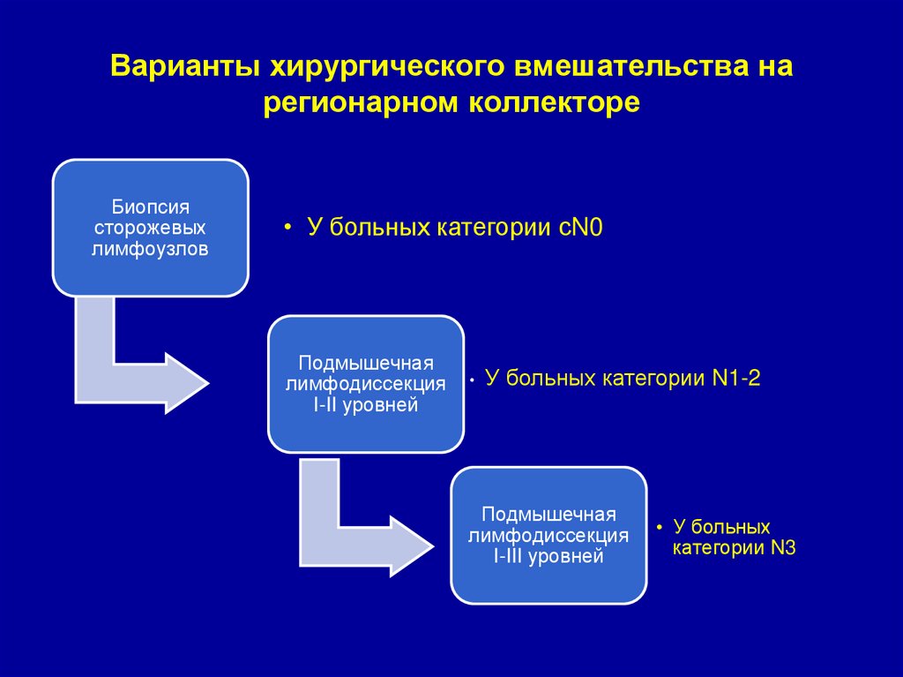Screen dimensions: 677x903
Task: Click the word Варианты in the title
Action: point(185,67)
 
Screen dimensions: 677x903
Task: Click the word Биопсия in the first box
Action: point(151,207)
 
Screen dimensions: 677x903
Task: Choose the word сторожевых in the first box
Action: point(151,228)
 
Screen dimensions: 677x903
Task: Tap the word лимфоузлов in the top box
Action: point(151,249)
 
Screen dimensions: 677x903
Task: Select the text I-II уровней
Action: point(365,406)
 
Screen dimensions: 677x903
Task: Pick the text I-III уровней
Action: point(549,556)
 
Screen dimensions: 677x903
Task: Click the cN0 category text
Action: point(579,228)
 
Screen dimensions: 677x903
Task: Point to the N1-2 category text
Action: point(735,380)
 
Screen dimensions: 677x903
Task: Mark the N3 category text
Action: point(784,548)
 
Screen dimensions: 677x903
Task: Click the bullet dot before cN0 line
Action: point(287,228)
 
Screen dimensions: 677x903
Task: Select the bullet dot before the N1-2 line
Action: point(473,380)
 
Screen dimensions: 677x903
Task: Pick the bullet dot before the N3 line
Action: point(659,527)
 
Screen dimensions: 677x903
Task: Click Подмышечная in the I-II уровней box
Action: point(365,364)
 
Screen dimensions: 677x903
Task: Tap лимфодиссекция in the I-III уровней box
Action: point(549,535)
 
